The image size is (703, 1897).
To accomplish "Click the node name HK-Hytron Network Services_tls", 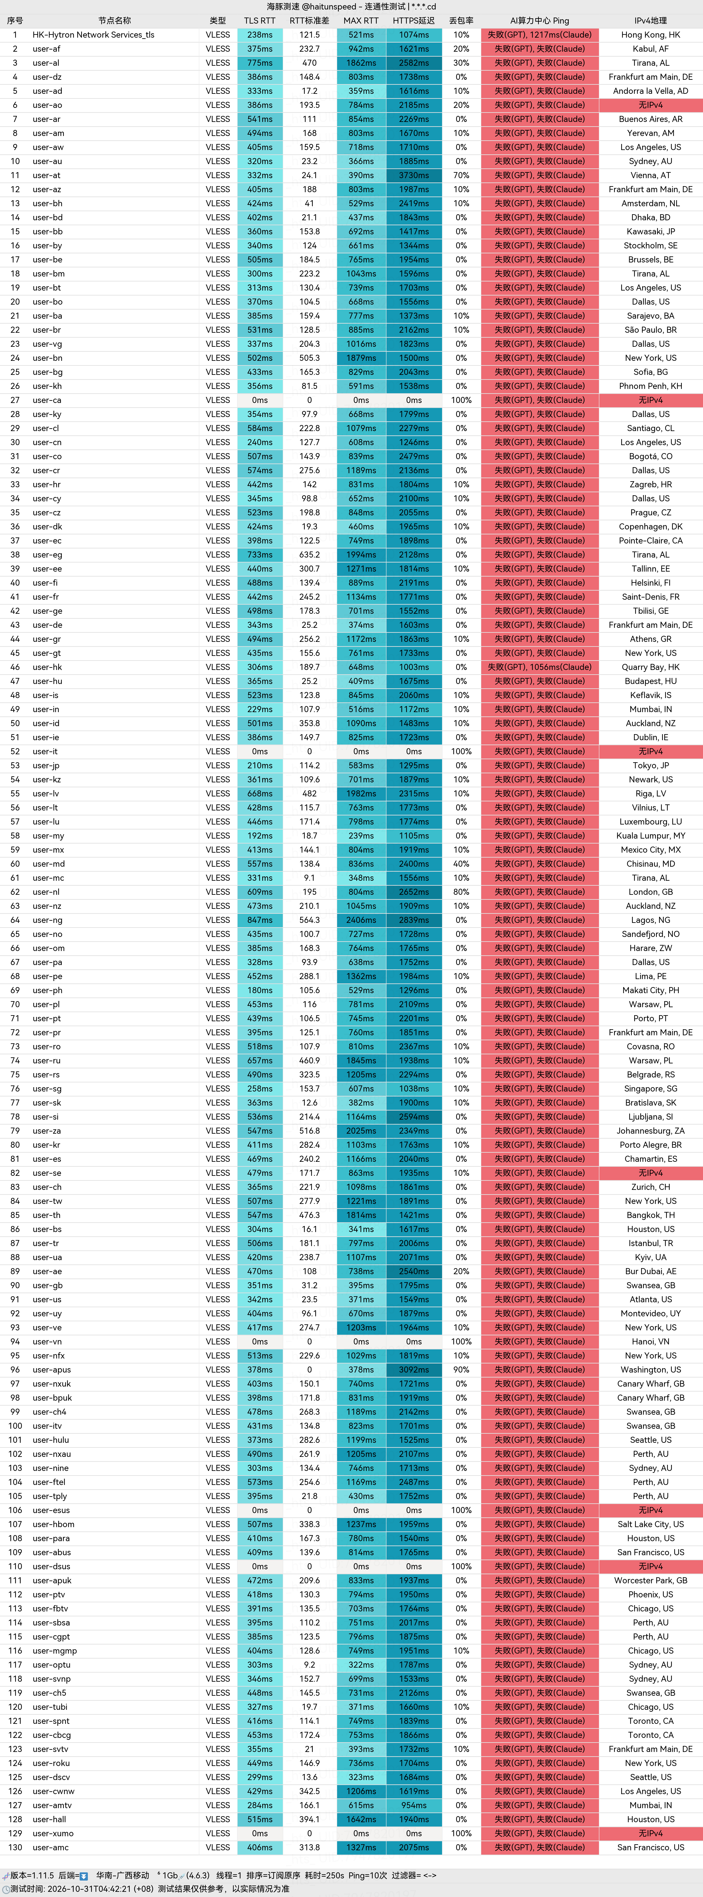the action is (94, 35).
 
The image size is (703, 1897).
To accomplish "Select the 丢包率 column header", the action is (461, 21).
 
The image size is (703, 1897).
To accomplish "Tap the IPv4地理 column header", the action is (651, 21).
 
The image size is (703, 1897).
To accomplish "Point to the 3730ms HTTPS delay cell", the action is (414, 175).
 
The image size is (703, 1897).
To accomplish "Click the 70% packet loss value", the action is (461, 175).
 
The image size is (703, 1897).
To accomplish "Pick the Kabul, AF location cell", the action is (651, 49).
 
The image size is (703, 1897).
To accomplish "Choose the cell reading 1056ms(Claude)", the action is (565, 667).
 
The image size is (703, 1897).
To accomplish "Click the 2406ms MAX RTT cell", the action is (361, 920).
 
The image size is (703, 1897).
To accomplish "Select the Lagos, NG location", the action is (651, 920).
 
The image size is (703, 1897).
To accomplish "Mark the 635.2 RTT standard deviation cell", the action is (309, 555).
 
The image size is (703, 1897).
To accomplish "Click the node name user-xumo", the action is (53, 1833).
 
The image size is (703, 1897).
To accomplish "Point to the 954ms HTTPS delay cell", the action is (414, 1805).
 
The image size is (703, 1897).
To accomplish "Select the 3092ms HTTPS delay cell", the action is (414, 1370).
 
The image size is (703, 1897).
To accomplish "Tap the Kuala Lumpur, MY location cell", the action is (651, 836).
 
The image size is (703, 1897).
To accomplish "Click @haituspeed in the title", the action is (329, 7).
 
